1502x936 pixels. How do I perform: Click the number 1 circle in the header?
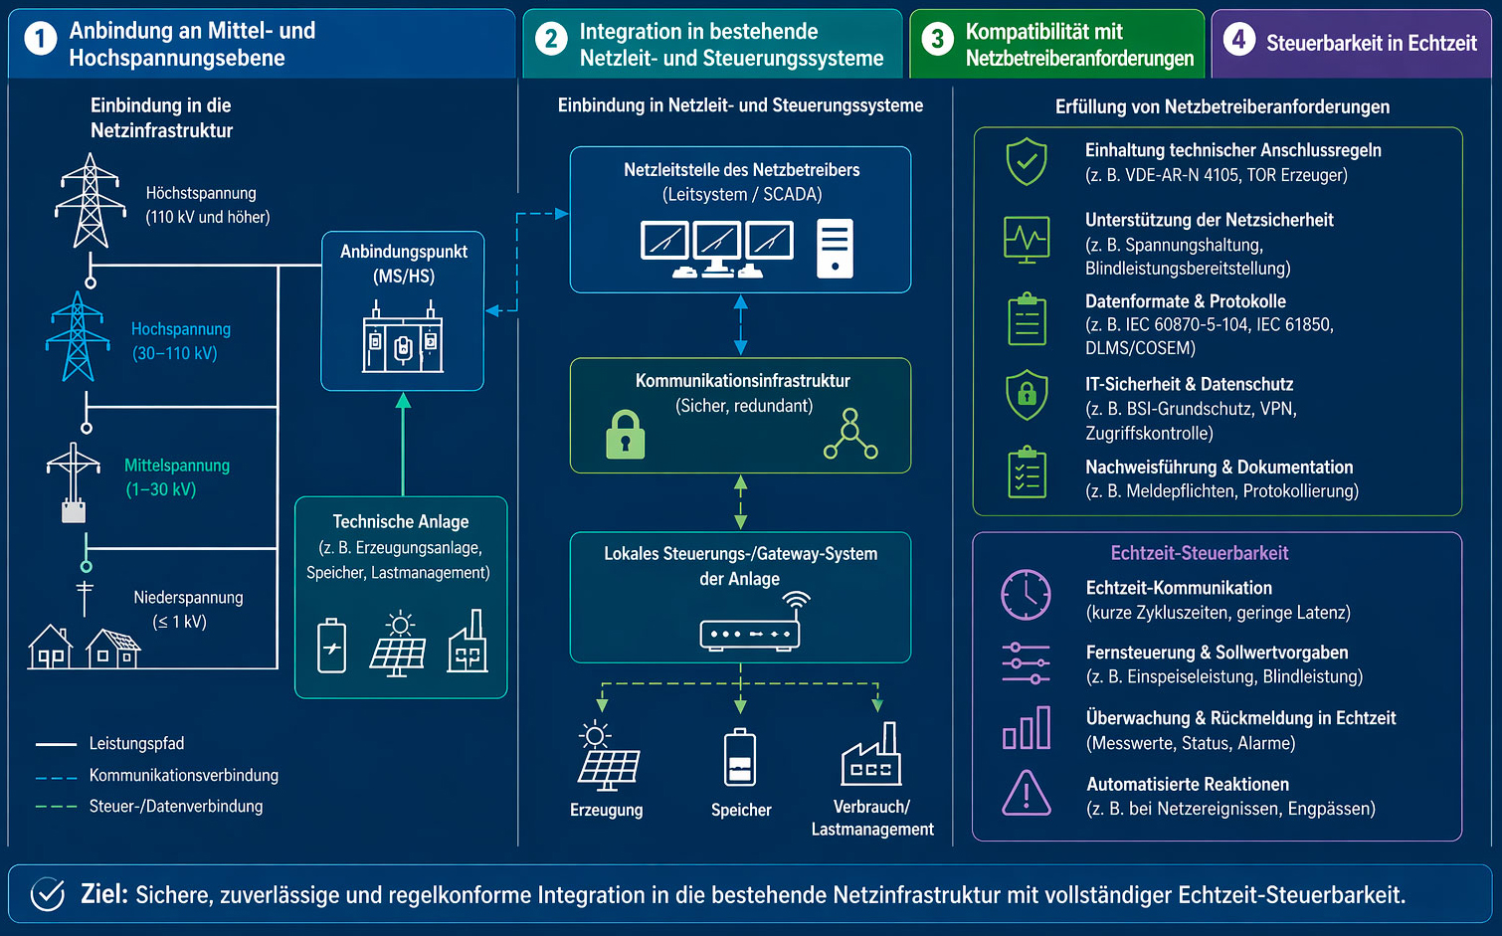click(40, 40)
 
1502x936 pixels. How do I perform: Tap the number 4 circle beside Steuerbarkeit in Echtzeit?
click(1238, 40)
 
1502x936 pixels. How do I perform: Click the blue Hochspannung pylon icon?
click(77, 336)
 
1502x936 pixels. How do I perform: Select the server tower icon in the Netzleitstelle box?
click(835, 248)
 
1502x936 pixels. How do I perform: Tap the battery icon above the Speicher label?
click(740, 759)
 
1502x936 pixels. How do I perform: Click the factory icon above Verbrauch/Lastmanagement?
click(871, 755)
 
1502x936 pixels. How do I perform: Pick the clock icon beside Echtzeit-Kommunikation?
click(1026, 595)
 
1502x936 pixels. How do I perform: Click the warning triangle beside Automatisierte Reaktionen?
click(1026, 793)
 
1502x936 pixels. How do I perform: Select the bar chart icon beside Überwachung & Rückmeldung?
click(1026, 728)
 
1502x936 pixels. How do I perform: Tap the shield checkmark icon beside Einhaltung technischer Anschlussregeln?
click(1026, 161)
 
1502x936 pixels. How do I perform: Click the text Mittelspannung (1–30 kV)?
click(176, 477)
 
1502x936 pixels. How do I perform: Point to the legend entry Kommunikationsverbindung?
click(183, 775)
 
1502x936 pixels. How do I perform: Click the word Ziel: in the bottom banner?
click(103, 894)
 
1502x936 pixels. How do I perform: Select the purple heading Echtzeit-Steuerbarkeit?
click(1199, 553)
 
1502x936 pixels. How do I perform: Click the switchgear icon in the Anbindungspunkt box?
click(402, 341)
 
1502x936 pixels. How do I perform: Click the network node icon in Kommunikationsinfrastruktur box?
click(850, 435)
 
